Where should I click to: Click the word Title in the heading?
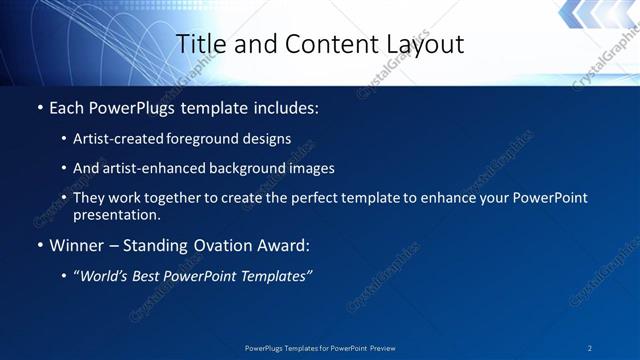(x=198, y=44)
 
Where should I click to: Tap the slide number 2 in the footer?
(x=590, y=347)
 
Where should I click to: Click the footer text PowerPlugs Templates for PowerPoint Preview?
(x=320, y=347)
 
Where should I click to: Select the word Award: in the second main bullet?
(x=282, y=244)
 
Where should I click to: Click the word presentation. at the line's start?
(x=116, y=214)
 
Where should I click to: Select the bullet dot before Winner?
(x=39, y=245)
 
